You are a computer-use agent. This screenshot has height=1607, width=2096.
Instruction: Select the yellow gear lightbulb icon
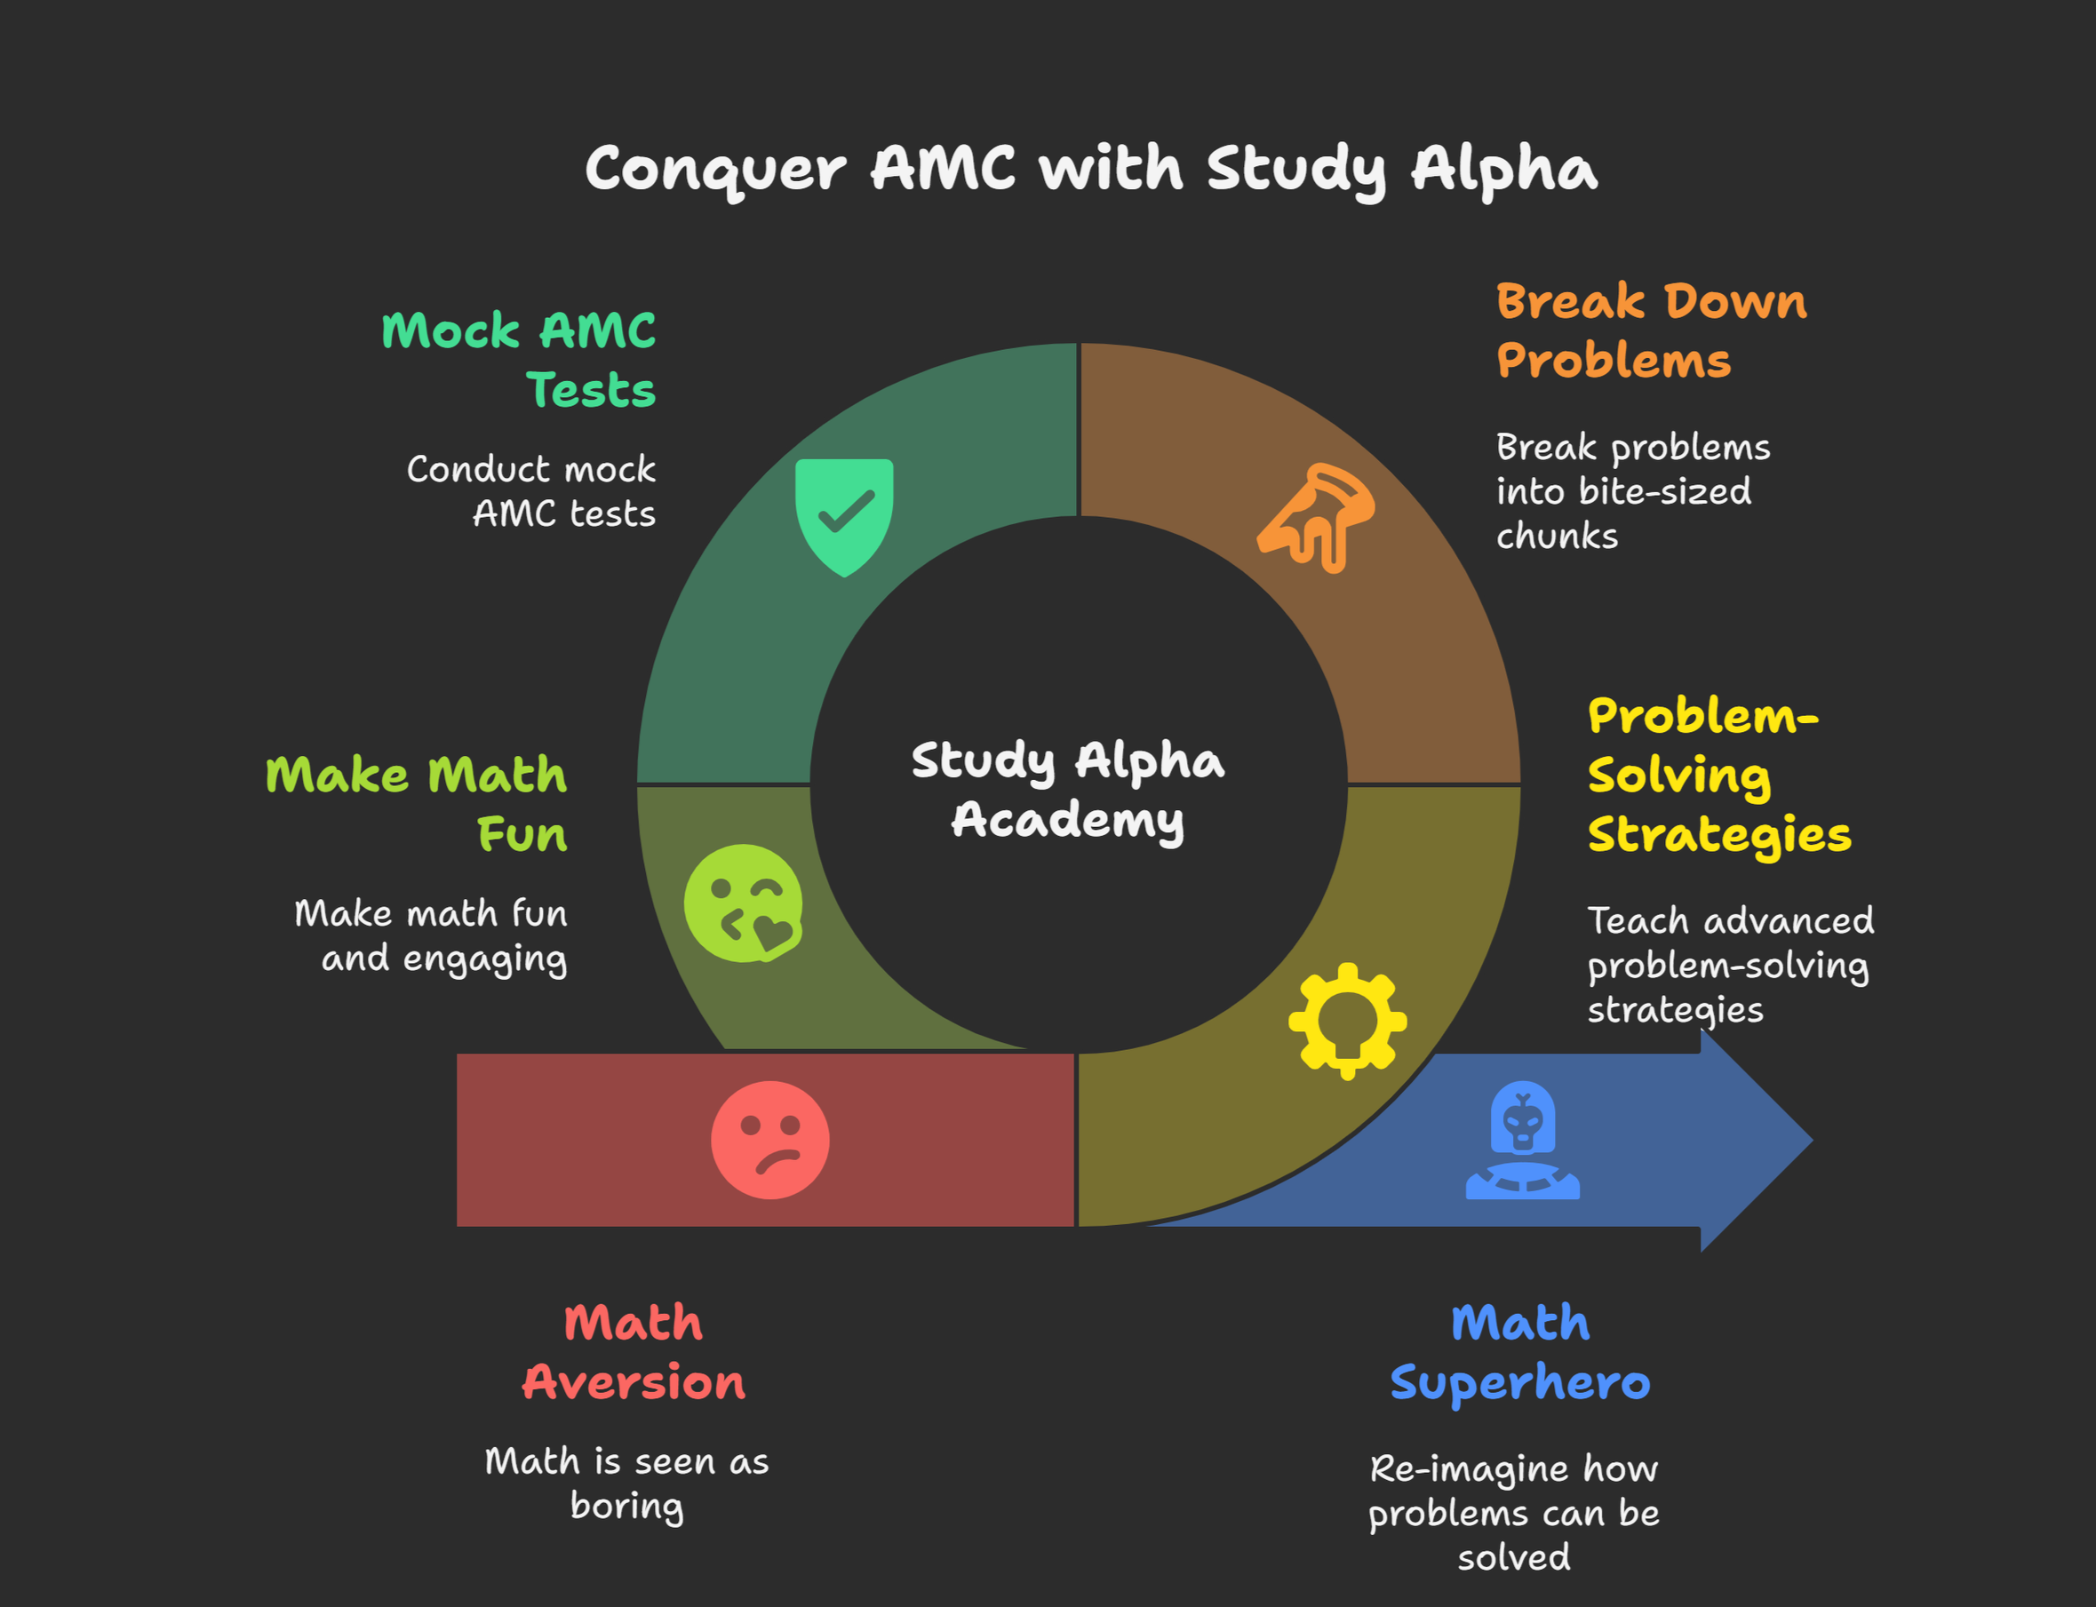click(x=1347, y=1021)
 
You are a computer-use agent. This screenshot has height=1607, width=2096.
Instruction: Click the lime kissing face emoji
click(x=744, y=903)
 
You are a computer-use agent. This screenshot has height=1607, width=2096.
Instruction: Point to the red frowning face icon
click(x=770, y=1139)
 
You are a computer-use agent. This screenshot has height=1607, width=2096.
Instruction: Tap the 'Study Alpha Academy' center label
click(x=1068, y=790)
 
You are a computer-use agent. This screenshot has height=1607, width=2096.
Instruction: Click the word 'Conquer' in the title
click(x=715, y=170)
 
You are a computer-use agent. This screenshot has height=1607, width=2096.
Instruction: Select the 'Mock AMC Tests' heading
click(x=520, y=360)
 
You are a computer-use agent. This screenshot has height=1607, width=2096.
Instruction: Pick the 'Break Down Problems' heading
click(x=1651, y=330)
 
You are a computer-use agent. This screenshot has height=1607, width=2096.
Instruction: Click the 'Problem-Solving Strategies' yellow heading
click(x=1719, y=775)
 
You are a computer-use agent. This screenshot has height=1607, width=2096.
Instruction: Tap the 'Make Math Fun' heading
click(x=417, y=803)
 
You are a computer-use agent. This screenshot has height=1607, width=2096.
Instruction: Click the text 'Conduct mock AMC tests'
click(x=532, y=490)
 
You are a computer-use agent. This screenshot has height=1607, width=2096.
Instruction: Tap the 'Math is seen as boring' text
click(x=626, y=1483)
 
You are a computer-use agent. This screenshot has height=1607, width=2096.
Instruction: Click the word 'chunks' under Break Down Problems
click(x=1557, y=536)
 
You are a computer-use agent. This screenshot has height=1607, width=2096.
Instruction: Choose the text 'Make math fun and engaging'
click(x=432, y=935)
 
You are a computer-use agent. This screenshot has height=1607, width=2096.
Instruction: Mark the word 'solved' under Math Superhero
click(x=1513, y=1557)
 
